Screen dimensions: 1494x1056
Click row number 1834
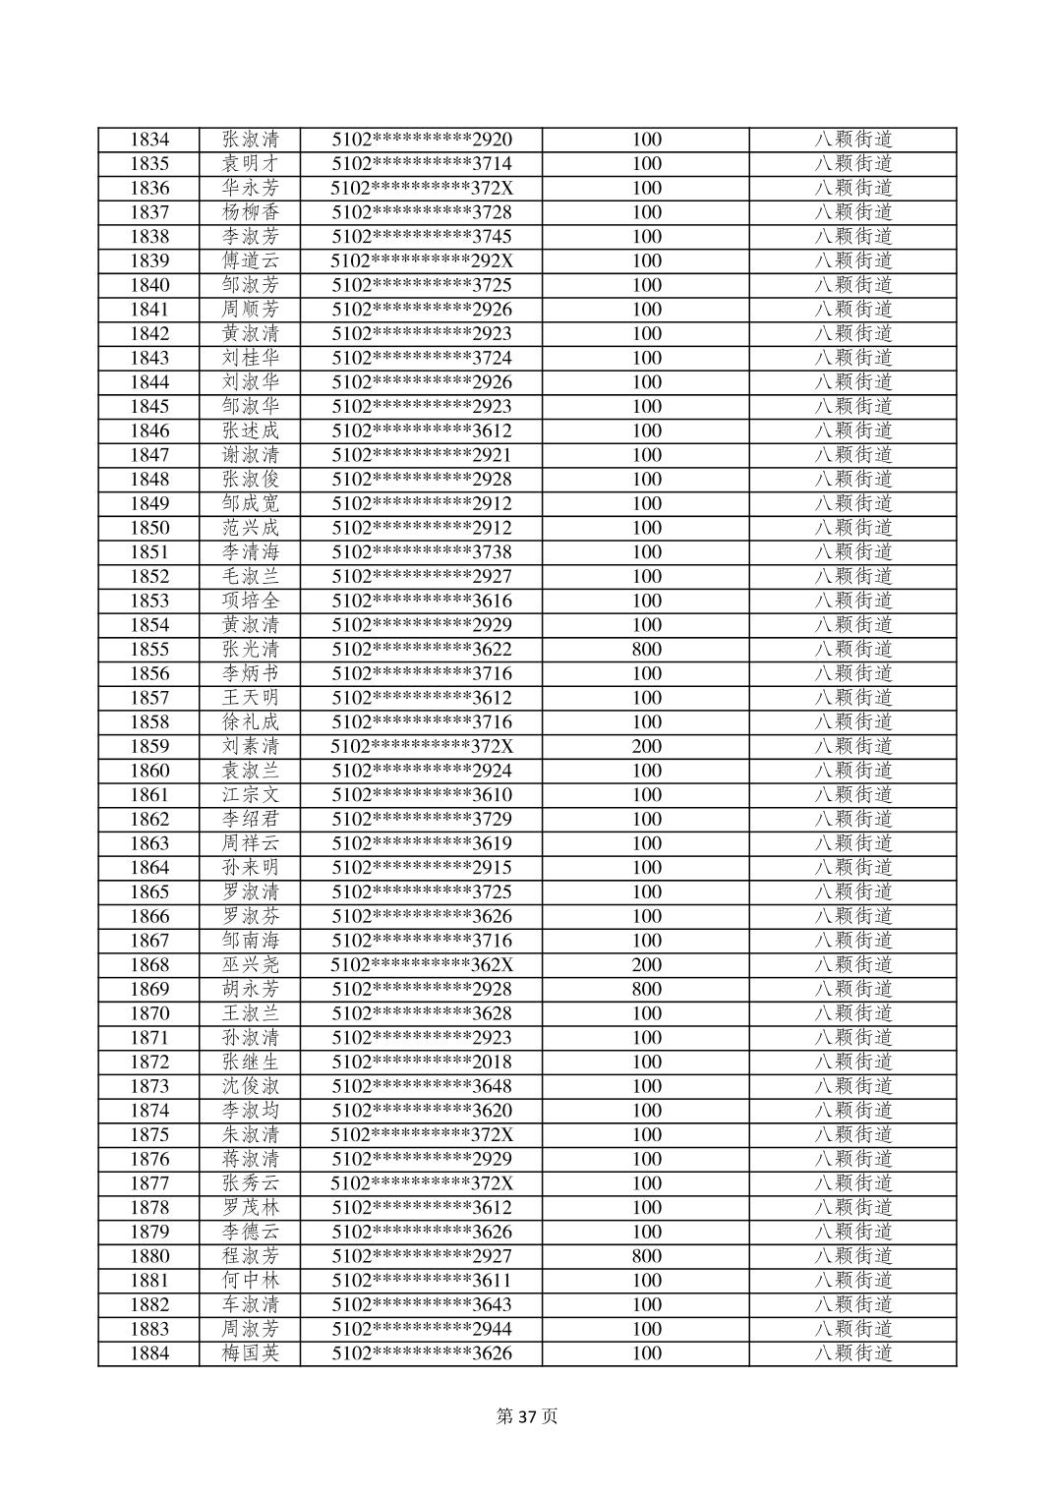pos(149,140)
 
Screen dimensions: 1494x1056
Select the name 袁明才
pos(251,164)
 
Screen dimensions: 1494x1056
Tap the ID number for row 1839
pos(422,261)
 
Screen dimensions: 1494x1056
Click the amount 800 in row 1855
pos(646,650)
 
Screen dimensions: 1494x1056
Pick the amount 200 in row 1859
pos(646,747)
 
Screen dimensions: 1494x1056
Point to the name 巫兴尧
pos(251,965)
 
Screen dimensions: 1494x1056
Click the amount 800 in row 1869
pos(646,990)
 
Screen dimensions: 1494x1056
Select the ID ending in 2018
pos(422,1063)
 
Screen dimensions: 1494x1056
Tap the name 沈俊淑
pos(251,1087)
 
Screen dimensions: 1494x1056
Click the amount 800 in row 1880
pos(646,1256)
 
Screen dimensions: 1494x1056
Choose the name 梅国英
pos(251,1353)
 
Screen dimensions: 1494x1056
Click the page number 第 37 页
pos(527,1416)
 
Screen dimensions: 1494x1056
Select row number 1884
pos(149,1353)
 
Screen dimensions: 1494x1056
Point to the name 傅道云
pos(251,261)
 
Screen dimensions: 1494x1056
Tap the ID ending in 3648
pos(422,1087)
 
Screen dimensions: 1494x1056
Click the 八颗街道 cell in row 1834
pos(852,140)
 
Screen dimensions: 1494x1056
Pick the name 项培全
pos(251,601)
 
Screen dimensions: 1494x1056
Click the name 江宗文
pos(251,795)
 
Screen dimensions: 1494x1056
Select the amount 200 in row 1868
pos(646,965)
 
